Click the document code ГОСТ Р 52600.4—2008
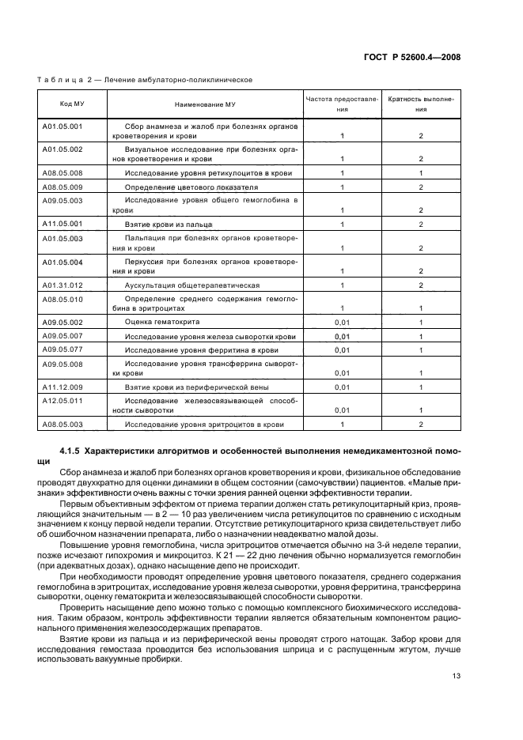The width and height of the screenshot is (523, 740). (x=416, y=57)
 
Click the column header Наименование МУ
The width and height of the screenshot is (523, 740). (x=204, y=104)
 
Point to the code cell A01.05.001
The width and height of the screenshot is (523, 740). (x=62, y=126)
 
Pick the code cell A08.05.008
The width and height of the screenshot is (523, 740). (x=62, y=172)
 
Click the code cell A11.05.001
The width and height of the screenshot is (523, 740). (x=62, y=225)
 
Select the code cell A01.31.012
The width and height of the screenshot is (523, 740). (x=62, y=284)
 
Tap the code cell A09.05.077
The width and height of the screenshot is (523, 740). (x=62, y=349)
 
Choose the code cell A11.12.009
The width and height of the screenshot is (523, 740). (x=62, y=387)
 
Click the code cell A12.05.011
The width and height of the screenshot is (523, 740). (x=62, y=401)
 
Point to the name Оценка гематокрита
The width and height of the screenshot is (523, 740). (x=162, y=323)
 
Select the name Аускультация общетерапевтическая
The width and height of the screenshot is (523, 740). (x=192, y=285)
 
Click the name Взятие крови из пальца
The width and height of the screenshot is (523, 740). (x=166, y=225)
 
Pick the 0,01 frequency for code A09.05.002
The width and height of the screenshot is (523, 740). (x=342, y=323)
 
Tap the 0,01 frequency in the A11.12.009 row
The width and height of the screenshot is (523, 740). (x=342, y=387)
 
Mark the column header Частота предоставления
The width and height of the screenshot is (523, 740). (x=342, y=104)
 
